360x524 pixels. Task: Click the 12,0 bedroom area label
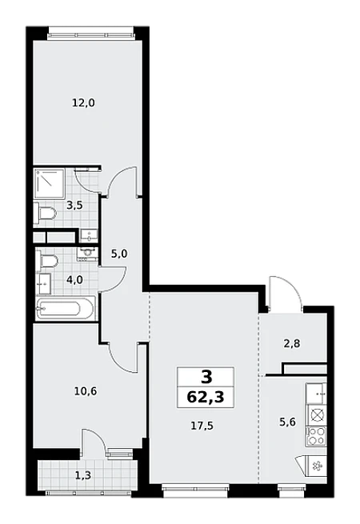point(83,102)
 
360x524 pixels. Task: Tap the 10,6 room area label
point(86,390)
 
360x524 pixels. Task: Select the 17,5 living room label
point(202,426)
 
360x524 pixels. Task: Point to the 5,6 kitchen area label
point(287,422)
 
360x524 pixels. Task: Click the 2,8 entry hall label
point(291,343)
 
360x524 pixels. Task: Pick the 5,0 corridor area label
point(119,254)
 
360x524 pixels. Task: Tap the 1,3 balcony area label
point(83,474)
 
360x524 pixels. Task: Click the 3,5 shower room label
point(74,205)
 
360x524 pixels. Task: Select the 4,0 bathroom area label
point(74,279)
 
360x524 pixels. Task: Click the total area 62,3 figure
point(206,398)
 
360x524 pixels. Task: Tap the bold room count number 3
point(207,378)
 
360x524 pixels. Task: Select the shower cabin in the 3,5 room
point(50,184)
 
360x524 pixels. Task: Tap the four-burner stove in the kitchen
point(315,436)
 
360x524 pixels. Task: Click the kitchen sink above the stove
point(315,394)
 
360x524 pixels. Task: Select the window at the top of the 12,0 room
point(91,34)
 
